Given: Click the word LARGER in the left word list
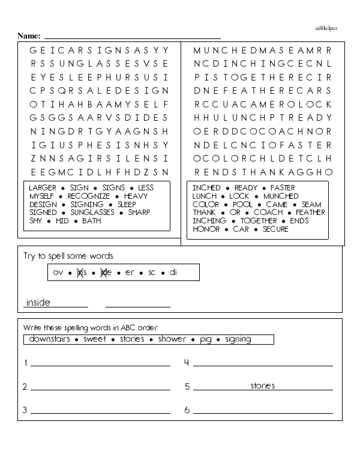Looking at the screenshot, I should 41,188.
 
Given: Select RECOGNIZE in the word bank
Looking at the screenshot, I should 88,196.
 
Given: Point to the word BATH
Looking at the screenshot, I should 91,221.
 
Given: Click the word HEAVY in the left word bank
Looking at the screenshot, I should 137,196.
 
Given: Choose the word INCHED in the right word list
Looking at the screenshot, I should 206,188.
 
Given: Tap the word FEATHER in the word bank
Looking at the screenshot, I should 310,213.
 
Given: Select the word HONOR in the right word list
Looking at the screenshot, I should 206,229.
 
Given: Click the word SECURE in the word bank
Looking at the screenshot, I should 275,229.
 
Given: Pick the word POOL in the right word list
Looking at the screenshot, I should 243,205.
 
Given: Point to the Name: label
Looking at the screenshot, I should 29,36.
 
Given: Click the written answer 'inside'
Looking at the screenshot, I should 38,302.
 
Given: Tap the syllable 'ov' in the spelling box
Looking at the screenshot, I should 58,273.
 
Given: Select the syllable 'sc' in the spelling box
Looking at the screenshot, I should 152,273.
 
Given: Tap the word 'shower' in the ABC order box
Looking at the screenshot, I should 172,339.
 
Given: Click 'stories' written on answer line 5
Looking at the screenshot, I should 263,386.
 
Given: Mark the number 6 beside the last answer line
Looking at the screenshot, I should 187,411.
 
